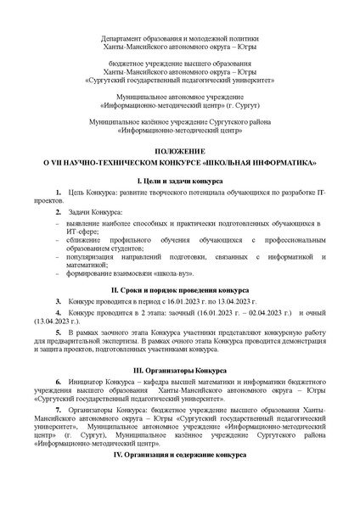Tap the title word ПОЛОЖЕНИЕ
coord(179,148)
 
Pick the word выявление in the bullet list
coord(81,222)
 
